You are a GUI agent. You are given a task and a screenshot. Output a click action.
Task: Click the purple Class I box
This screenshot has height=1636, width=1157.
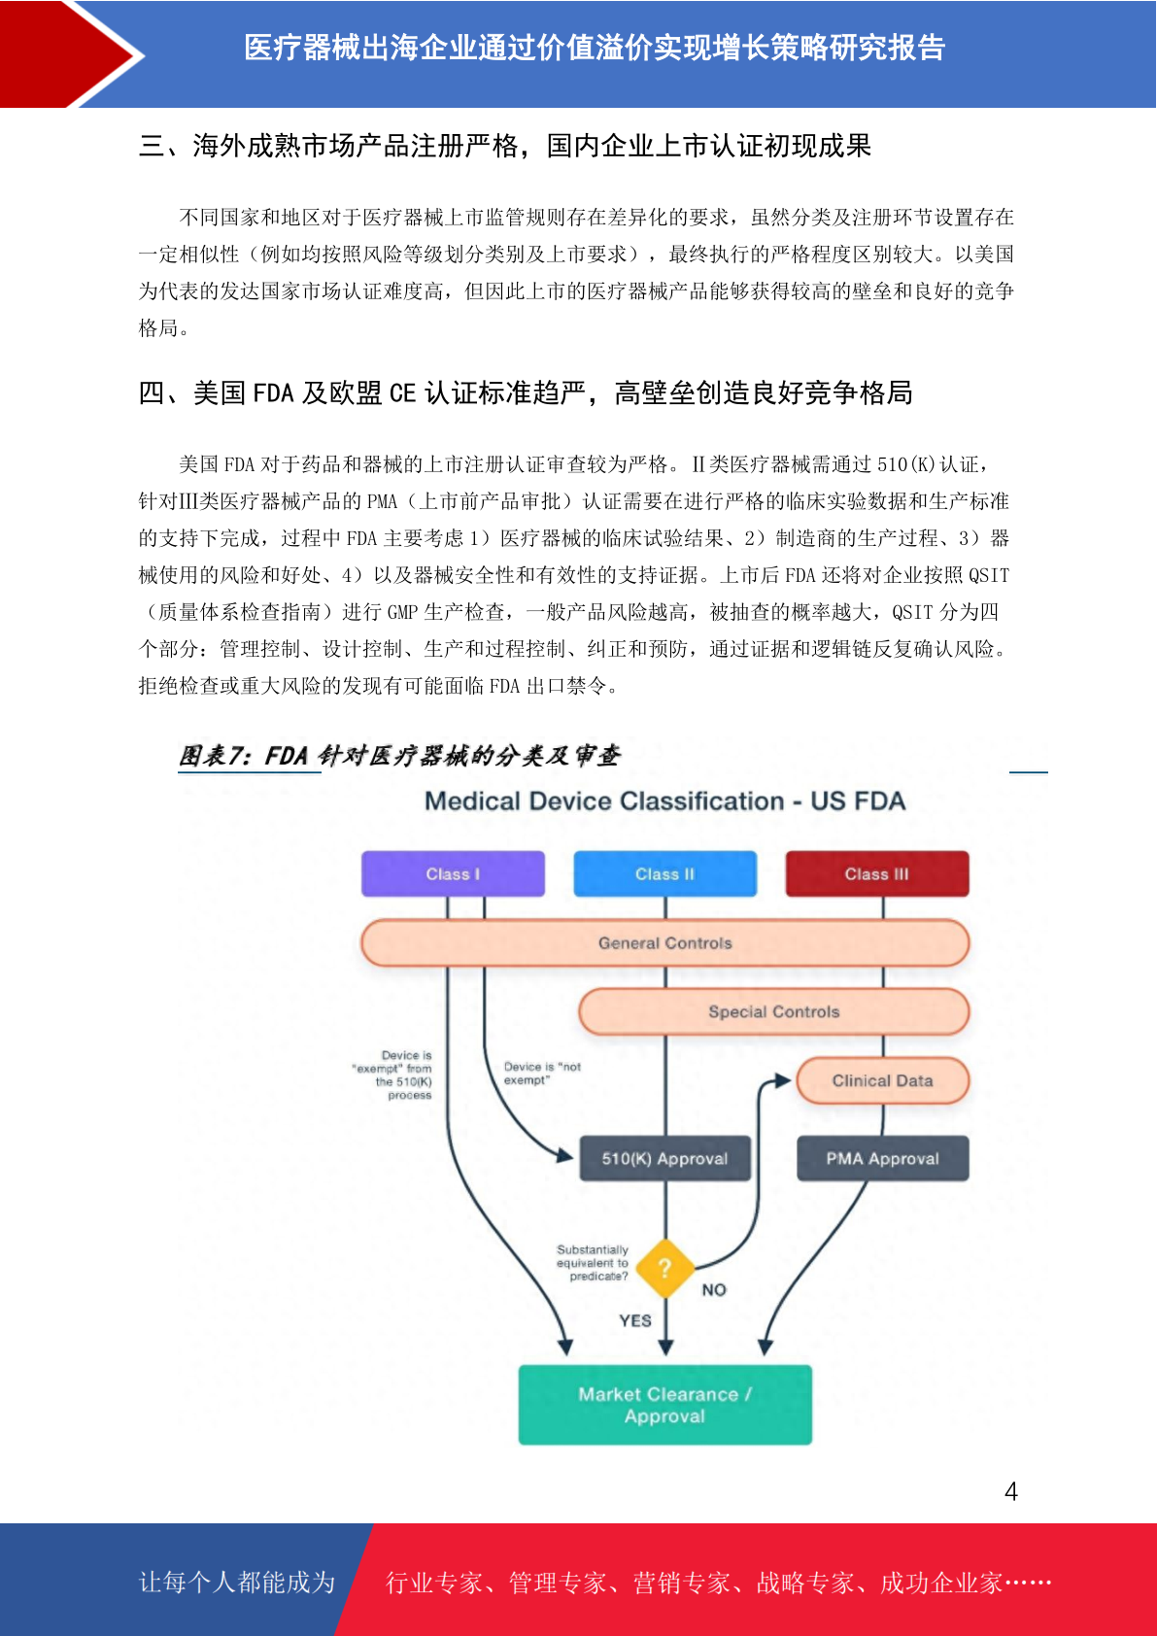pyautogui.click(x=453, y=873)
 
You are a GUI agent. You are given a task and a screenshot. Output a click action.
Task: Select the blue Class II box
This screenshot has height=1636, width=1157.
pyautogui.click(x=664, y=873)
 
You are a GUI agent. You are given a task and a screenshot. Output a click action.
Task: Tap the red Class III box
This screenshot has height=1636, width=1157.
pyautogui.click(x=877, y=873)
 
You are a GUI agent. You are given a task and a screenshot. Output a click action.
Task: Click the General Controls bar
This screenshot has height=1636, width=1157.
pyautogui.click(x=665, y=943)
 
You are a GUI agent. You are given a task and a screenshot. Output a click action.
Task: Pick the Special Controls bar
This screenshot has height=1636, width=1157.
pyautogui.click(x=774, y=1011)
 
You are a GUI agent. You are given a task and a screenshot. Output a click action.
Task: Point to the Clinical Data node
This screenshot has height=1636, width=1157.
pyautogui.click(x=882, y=1080)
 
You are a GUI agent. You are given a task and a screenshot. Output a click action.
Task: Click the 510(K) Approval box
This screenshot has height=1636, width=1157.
pyautogui.click(x=664, y=1158)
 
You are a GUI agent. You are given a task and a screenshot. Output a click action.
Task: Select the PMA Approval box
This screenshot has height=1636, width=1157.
pyautogui.click(x=882, y=1158)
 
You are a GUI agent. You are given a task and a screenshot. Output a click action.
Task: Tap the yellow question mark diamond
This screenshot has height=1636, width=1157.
pyautogui.click(x=664, y=1268)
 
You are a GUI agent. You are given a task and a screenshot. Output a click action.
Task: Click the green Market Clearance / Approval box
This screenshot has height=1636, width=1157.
pyautogui.click(x=664, y=1405)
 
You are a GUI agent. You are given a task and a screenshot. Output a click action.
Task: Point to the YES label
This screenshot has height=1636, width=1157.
pyautogui.click(x=634, y=1320)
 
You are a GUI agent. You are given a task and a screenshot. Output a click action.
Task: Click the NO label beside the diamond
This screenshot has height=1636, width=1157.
pyautogui.click(x=714, y=1290)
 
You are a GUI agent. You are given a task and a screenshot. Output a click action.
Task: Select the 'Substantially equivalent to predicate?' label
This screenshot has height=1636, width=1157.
pyautogui.click(x=593, y=1263)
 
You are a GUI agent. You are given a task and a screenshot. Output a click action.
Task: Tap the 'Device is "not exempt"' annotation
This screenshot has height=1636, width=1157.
pyautogui.click(x=542, y=1073)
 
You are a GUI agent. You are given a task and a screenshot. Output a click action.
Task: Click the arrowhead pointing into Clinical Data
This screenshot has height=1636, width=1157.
pyautogui.click(x=783, y=1080)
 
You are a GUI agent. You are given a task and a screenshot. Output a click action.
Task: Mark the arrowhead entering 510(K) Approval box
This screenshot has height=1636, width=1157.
pyautogui.click(x=564, y=1155)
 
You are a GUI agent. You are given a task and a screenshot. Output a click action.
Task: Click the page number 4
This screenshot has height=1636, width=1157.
pyautogui.click(x=1011, y=1490)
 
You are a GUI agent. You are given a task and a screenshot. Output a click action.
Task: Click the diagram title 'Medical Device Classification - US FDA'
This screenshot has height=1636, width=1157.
pyautogui.click(x=664, y=801)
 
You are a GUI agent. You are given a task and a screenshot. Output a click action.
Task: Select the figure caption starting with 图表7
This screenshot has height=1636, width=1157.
pyautogui.click(x=399, y=755)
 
